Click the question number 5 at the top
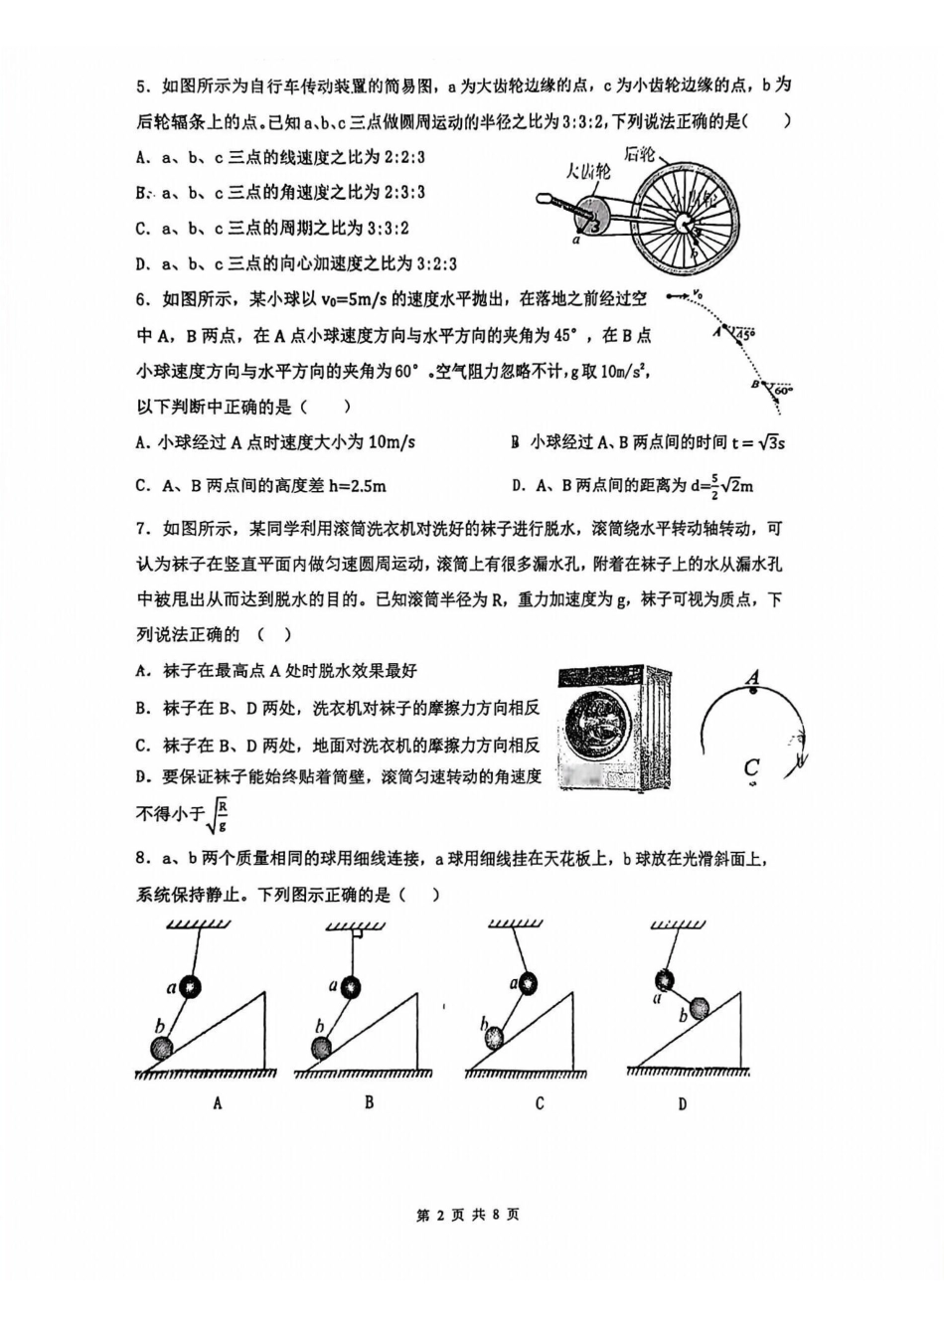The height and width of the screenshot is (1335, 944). (x=142, y=85)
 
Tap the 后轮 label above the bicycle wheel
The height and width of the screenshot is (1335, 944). (x=640, y=154)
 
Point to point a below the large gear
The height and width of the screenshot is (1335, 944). (x=575, y=240)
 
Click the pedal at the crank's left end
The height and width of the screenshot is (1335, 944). (x=545, y=200)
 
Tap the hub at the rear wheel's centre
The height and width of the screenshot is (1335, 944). (x=685, y=223)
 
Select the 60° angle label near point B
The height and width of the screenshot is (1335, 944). (x=783, y=391)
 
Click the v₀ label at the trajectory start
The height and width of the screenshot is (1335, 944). (x=698, y=294)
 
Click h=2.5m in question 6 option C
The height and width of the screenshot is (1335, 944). (x=348, y=486)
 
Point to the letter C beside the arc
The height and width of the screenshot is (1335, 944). (x=751, y=767)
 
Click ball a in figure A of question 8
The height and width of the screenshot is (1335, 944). (x=190, y=986)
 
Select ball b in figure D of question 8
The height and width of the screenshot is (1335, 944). (x=700, y=1008)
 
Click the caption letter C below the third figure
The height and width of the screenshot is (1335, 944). (x=539, y=1103)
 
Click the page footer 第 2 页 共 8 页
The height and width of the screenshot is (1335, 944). (x=467, y=1215)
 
